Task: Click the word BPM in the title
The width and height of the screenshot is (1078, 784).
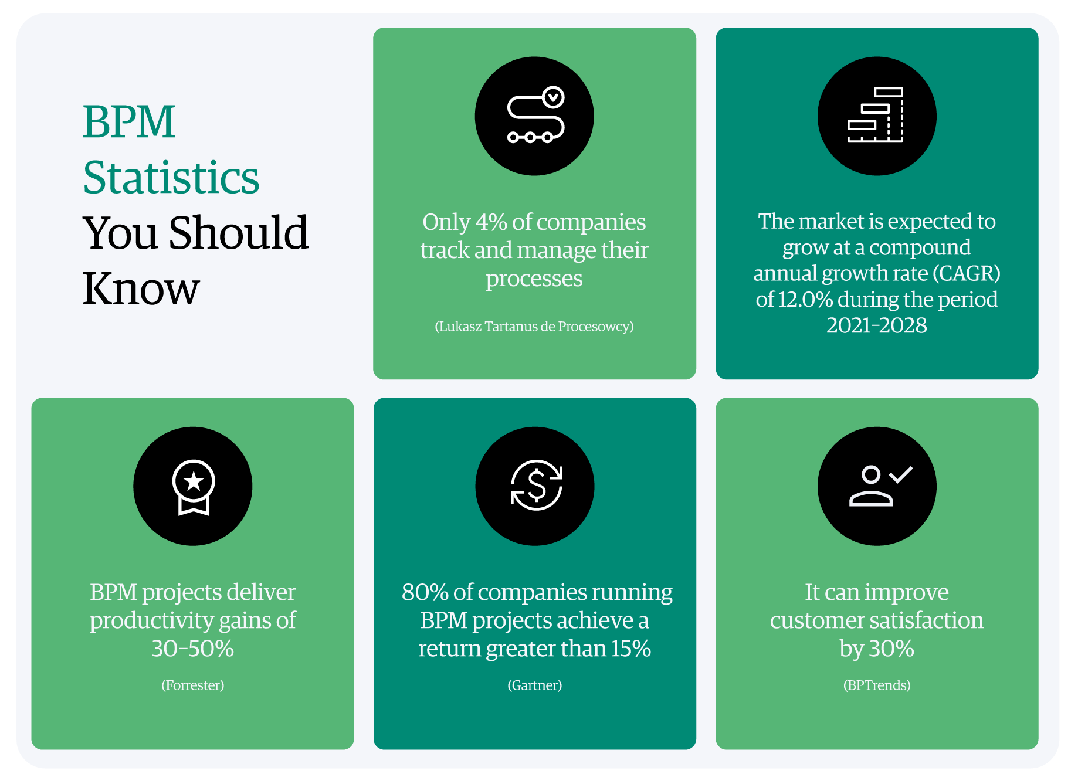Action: pyautogui.click(x=129, y=121)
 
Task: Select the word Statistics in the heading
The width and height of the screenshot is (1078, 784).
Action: pyautogui.click(x=171, y=177)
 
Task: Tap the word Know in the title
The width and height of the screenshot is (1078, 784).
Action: pyautogui.click(x=141, y=289)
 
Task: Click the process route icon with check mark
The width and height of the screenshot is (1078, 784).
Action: pyautogui.click(x=535, y=115)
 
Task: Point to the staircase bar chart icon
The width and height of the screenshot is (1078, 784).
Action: pyautogui.click(x=876, y=115)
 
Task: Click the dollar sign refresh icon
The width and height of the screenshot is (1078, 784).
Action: pyautogui.click(x=536, y=486)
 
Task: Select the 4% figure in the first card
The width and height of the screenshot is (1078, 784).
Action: pyautogui.click(x=491, y=222)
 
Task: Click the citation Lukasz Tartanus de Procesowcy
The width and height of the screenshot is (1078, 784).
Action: pyautogui.click(x=534, y=327)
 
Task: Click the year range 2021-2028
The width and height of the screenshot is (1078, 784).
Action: pyautogui.click(x=877, y=325)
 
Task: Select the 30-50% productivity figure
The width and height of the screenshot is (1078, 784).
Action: pyautogui.click(x=192, y=649)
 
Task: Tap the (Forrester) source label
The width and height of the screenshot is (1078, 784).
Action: pyautogui.click(x=193, y=685)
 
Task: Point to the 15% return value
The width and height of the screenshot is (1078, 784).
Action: pyautogui.click(x=631, y=649)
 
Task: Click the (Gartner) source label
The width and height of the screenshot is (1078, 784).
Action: pyautogui.click(x=535, y=685)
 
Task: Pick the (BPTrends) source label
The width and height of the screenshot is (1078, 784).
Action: pyautogui.click(x=877, y=685)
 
